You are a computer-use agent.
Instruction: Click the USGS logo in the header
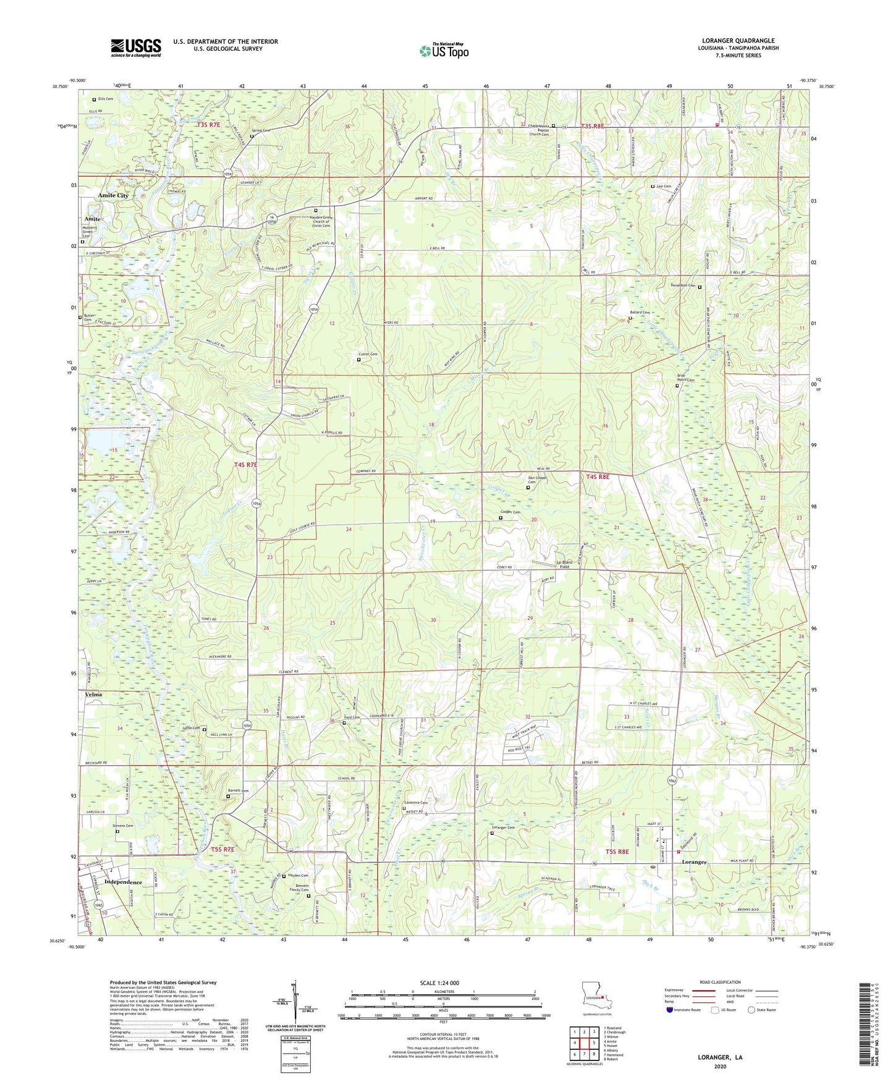pos(136,48)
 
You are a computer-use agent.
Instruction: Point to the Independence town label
pos(124,882)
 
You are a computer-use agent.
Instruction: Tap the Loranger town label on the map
pos(693,862)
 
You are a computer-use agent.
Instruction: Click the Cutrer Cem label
pos(367,354)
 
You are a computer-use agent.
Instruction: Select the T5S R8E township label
pos(617,852)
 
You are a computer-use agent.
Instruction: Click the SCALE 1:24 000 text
pos(442,983)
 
